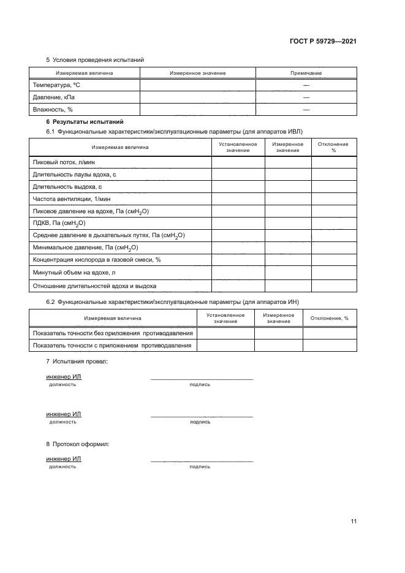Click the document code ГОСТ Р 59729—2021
[324, 41]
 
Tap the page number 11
[354, 522]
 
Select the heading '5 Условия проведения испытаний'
[95, 59]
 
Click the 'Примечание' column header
[306, 73]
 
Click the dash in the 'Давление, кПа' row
[306, 97]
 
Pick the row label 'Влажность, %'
[52, 110]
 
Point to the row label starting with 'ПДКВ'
[58, 224]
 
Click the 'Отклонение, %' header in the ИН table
[329, 319]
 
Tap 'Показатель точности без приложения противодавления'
[112, 333]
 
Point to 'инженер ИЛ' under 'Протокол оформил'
[64, 458]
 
